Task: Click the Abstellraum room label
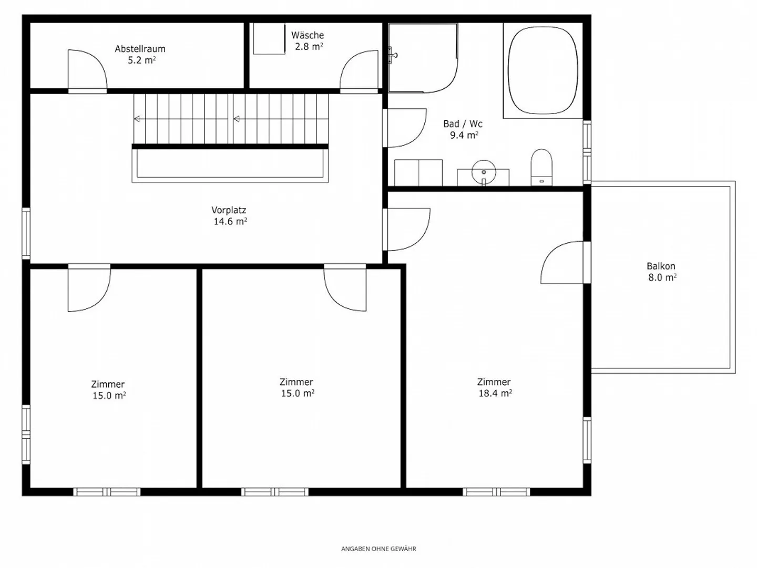pyautogui.click(x=140, y=49)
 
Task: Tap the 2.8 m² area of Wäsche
pyautogui.click(x=309, y=47)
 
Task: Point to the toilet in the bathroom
pyautogui.click(x=541, y=167)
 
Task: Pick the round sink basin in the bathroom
pyautogui.click(x=484, y=172)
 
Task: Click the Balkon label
pyautogui.click(x=661, y=266)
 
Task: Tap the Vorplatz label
pyautogui.click(x=229, y=210)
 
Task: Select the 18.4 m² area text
pyautogui.click(x=495, y=394)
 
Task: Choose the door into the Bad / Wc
pyautogui.click(x=405, y=128)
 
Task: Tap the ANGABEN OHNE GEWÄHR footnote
pyautogui.click(x=378, y=549)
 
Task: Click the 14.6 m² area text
pyautogui.click(x=230, y=222)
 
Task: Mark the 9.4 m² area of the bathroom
pyautogui.click(x=463, y=136)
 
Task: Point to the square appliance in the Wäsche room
pyautogui.click(x=269, y=38)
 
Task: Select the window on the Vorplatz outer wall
pyautogui.click(x=26, y=233)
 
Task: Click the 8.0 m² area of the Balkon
pyautogui.click(x=661, y=277)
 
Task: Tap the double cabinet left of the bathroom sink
pyautogui.click(x=418, y=172)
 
